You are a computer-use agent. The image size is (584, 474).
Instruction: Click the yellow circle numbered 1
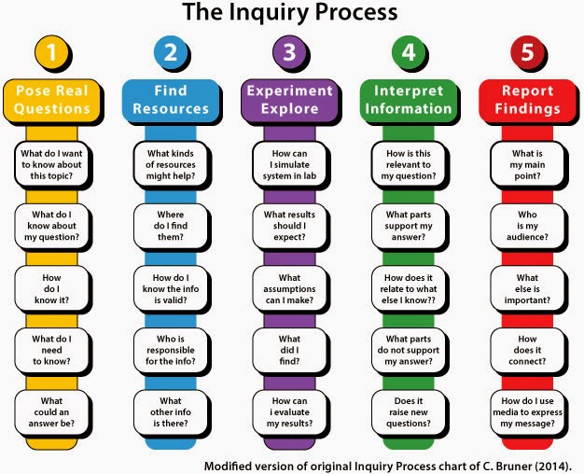51,52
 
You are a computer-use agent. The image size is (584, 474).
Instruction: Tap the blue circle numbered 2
171,52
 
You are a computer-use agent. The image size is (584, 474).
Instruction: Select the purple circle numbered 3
289,52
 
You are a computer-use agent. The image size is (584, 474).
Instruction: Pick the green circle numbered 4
409,52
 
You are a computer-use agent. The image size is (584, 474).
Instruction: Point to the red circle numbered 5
527,52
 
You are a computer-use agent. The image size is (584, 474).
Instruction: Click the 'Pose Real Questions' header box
51,101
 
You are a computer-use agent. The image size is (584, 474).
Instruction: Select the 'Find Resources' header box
171,101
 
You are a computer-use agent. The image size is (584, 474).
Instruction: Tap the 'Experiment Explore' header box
289,101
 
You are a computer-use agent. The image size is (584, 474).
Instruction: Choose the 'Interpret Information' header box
409,101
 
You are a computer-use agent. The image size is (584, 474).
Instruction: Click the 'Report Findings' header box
527,101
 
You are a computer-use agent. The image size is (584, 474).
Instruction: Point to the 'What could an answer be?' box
51,412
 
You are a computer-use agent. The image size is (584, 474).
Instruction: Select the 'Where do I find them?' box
171,226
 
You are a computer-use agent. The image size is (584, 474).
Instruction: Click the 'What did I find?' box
289,350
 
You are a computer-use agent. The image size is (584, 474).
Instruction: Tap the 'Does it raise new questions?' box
409,412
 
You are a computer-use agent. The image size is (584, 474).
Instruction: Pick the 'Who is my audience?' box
527,226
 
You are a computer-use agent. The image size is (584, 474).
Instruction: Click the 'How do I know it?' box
51,289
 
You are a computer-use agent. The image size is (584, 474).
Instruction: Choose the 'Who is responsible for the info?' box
171,350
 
